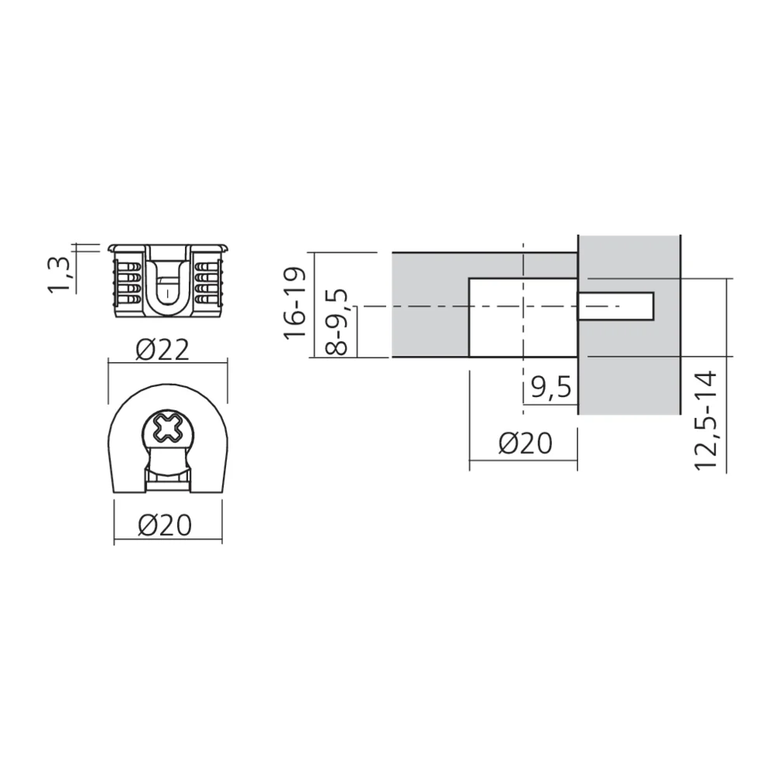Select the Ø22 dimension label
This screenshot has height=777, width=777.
tap(162, 350)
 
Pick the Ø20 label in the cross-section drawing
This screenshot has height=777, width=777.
tap(524, 444)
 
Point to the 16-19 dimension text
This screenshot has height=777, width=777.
tap(295, 304)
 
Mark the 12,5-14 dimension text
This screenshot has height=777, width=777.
tap(706, 420)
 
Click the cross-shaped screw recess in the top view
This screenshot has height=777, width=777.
tap(166, 428)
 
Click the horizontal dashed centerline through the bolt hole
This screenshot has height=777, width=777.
tap(435, 307)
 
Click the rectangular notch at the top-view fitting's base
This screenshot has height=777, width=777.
tap(167, 483)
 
